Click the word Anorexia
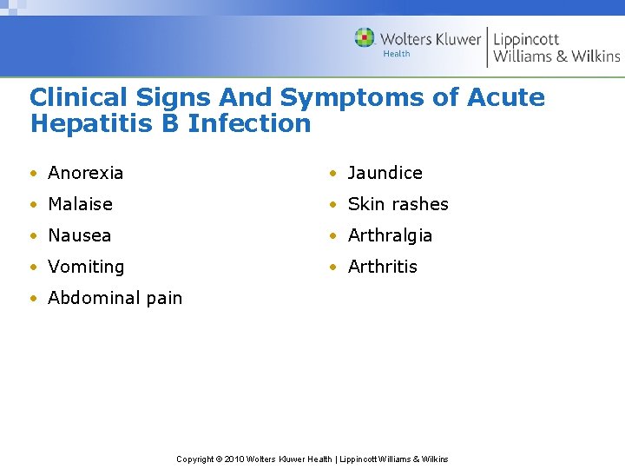point(85,173)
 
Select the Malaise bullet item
point(80,204)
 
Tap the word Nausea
point(79,235)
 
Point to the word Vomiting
point(86,267)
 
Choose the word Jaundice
point(385,173)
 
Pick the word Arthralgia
point(390,235)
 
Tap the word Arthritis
point(382,267)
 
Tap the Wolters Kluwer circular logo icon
point(365,38)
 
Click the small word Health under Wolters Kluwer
point(396,54)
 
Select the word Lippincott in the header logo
point(526,39)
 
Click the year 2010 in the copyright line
point(234,459)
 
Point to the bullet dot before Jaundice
point(332,174)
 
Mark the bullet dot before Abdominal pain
point(32,299)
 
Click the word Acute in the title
point(506,97)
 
